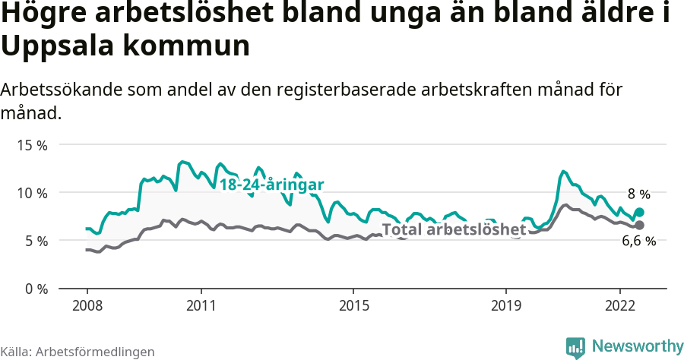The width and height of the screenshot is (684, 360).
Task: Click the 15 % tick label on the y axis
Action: (32, 144)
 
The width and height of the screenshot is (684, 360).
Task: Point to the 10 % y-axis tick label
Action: (32, 192)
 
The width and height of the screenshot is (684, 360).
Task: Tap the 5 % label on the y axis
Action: (35, 241)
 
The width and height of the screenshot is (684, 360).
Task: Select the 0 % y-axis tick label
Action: (35, 289)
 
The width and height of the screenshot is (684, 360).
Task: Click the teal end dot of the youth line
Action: (639, 213)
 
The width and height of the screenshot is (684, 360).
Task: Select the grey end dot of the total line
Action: (639, 226)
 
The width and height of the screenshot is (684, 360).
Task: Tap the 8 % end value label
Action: (638, 194)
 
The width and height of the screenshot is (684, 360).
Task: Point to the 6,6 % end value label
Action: (638, 242)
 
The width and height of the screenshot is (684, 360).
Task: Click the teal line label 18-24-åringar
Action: (272, 185)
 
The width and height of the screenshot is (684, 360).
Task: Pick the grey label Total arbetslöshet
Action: (454, 229)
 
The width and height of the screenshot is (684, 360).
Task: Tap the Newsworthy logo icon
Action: (575, 347)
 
